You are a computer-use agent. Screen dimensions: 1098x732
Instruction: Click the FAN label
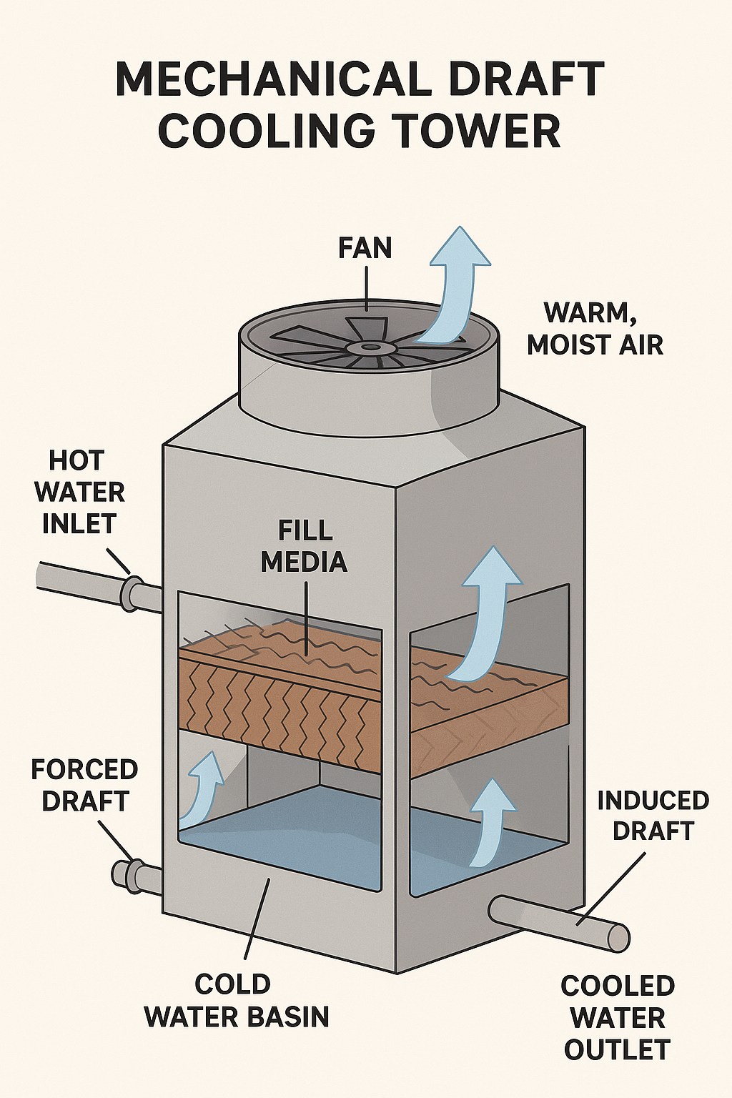point(365,248)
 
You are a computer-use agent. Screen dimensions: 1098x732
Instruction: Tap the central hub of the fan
point(370,347)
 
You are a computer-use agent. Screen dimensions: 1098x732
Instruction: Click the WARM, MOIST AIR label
point(595,329)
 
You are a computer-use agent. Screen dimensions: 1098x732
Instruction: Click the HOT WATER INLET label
point(79,493)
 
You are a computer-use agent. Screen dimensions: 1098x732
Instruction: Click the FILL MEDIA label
point(304,546)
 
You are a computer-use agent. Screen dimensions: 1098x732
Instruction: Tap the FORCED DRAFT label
point(84,785)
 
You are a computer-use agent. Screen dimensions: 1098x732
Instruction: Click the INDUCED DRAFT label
point(653,816)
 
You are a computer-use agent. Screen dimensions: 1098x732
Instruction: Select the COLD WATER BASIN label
point(237,1000)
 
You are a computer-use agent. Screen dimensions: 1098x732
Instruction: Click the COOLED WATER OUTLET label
point(618,1018)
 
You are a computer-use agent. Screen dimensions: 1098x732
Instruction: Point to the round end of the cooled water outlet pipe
point(618,937)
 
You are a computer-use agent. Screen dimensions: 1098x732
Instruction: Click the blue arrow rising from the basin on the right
point(491,822)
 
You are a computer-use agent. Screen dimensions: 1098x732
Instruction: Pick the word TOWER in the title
point(479,130)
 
